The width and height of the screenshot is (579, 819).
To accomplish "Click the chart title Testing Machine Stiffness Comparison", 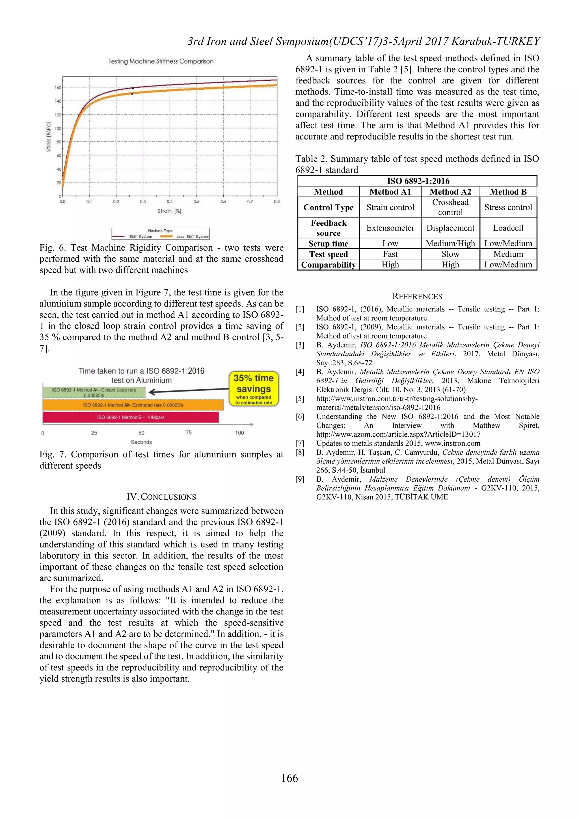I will pyautogui.click(x=161, y=61).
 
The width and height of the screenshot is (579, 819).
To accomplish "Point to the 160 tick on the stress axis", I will pyautogui.click(x=58, y=87).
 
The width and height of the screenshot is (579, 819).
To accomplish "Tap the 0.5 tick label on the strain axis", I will pyautogui.click(x=196, y=202).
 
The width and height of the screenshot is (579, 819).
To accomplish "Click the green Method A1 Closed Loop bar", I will pyautogui.click(x=94, y=392).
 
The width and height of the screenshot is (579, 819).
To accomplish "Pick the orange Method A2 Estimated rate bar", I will pyautogui.click(x=133, y=405).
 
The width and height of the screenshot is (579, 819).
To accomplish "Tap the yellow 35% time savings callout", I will pyautogui.click(x=254, y=389).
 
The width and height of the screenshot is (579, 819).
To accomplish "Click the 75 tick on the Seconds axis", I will pyautogui.click(x=189, y=433).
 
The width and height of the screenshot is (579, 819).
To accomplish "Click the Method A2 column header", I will pyautogui.click(x=450, y=192).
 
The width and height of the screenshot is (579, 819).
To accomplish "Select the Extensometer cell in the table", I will pyautogui.click(x=390, y=228).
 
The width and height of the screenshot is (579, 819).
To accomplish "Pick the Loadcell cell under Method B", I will pyautogui.click(x=508, y=228).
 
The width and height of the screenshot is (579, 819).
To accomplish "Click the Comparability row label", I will pyautogui.click(x=328, y=265).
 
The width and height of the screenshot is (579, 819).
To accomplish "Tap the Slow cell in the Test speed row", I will pyautogui.click(x=450, y=254).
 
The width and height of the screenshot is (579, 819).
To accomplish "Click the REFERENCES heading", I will pyautogui.click(x=417, y=296).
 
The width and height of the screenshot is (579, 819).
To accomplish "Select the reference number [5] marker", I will pyautogui.click(x=300, y=399).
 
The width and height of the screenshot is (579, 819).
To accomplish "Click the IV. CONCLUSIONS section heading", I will pyautogui.click(x=161, y=497).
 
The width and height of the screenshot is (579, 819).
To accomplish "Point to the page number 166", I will pyautogui.click(x=289, y=778).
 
